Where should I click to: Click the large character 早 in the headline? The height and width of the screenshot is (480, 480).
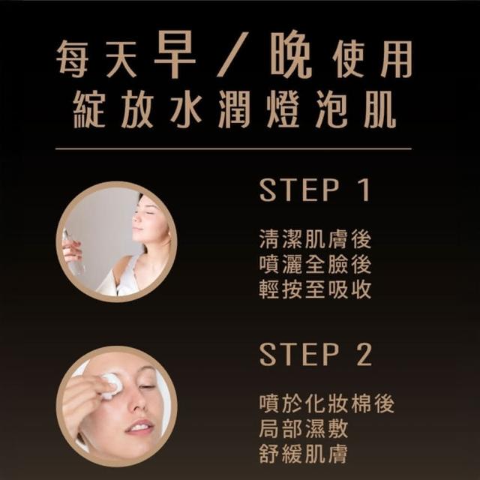(x=175, y=54)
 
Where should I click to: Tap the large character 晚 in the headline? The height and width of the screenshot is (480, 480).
(x=291, y=54)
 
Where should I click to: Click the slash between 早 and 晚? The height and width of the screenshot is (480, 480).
(x=232, y=54)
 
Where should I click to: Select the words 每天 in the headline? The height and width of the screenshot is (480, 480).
(x=97, y=58)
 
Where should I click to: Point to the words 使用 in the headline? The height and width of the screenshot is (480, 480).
(x=372, y=58)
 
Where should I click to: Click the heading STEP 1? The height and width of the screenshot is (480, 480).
(x=315, y=190)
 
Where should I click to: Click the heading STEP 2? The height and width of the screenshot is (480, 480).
(x=316, y=354)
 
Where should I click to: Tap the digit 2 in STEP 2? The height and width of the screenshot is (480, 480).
(x=364, y=354)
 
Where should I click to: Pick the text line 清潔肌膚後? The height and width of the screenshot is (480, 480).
(x=315, y=239)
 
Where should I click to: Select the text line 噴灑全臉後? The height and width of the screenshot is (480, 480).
(x=315, y=265)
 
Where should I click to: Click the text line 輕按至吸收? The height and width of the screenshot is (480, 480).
(x=315, y=289)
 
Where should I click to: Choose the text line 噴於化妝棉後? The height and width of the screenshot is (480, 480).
(x=327, y=403)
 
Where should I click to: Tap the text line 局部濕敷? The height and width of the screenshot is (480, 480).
(x=304, y=428)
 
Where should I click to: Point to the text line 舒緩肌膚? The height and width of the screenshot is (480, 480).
(x=304, y=454)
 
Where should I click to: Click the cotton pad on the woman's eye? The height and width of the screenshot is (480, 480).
(x=111, y=386)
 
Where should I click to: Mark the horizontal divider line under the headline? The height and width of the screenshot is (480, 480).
(x=233, y=149)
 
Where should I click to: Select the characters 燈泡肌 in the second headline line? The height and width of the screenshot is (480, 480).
(x=331, y=109)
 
